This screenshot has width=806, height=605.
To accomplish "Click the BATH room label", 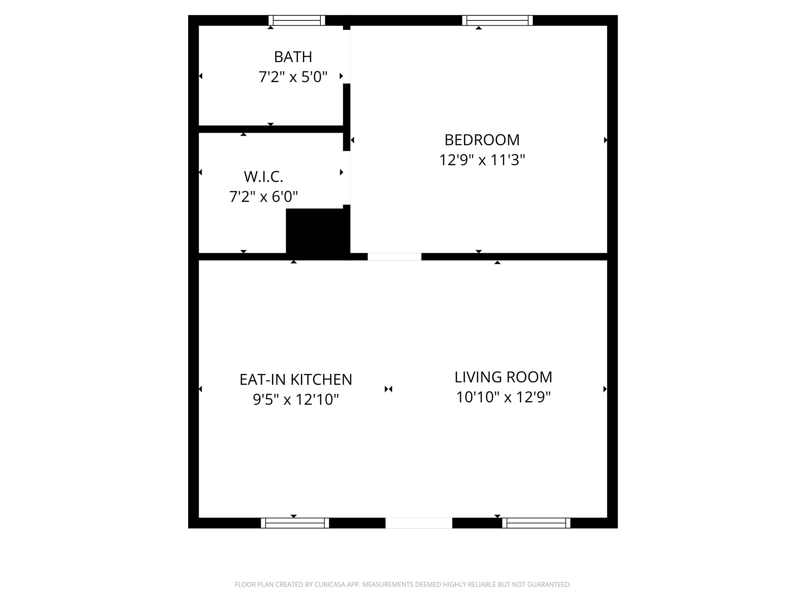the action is [293, 57].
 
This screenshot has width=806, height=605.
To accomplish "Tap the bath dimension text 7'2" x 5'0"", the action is [293, 77].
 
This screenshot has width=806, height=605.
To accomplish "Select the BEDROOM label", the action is [482, 140].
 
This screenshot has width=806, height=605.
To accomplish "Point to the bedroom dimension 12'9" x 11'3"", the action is [482, 160].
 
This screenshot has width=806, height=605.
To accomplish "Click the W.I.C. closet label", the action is [263, 177].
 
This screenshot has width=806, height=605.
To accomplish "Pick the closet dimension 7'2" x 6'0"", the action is [263, 197].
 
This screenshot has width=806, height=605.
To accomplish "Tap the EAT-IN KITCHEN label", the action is [295, 380].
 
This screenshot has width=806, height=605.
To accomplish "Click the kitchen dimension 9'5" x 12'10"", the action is [295, 400].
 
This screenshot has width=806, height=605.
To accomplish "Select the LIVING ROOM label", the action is [503, 377].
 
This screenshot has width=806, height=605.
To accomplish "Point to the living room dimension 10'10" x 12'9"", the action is [503, 397].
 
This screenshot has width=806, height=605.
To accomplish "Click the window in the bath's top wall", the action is [297, 20].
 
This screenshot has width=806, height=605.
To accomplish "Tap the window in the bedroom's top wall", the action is [497, 20].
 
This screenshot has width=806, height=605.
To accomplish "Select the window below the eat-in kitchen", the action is [295, 523].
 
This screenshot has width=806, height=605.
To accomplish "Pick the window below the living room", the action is [536, 523].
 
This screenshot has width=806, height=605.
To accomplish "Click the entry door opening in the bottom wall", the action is [419, 523].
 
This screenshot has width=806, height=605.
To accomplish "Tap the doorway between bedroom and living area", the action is [394, 257].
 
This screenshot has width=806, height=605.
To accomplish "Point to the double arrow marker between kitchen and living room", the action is [388, 389].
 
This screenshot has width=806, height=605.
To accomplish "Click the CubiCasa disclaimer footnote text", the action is [403, 585].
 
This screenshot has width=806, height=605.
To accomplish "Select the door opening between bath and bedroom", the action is [347, 57].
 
